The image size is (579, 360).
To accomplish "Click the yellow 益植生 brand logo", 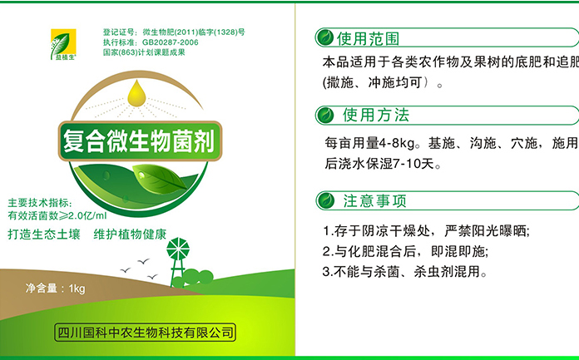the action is point(63,44).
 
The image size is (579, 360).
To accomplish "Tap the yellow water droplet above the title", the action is point(136,93).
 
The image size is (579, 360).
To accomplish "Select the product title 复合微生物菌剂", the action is point(139,141).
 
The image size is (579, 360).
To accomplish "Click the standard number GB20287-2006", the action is point(171,42).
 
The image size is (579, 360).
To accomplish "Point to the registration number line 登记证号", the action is point(174,32).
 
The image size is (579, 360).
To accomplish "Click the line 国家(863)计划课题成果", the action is point(144,52).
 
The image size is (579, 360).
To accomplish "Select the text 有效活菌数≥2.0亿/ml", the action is point(57,215).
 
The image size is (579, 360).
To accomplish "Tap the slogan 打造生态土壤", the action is point(44,234).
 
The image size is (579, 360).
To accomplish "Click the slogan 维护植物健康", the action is point(130,234).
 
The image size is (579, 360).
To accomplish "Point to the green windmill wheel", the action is point(178,249).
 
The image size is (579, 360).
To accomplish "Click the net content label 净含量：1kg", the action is point(56,288).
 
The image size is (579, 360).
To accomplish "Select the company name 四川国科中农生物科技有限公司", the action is point(145,333).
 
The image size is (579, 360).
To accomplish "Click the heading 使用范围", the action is point(368,38).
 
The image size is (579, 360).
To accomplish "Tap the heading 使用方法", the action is point(376,116).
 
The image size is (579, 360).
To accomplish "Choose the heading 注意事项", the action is point(375,201).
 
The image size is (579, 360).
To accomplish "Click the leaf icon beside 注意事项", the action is point(326,201).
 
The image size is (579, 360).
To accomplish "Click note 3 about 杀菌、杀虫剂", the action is point(404,272).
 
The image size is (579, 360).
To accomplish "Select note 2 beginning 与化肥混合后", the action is point(405,252).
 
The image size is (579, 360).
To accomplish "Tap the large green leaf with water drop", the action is point(160,179).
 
